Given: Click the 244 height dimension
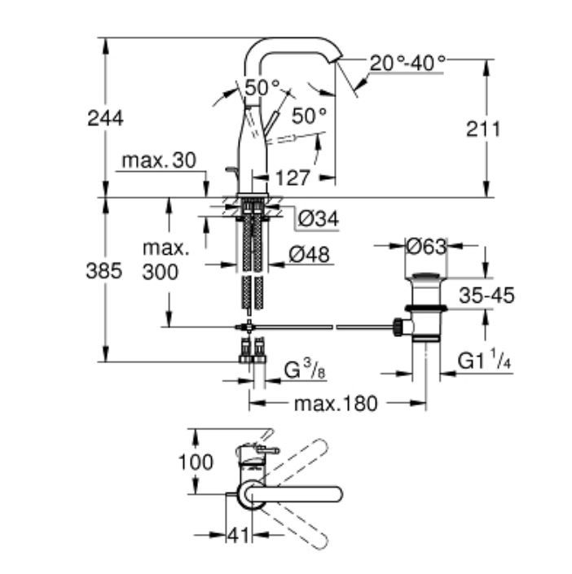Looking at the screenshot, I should pos(106,118).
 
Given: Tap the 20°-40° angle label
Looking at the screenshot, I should pos(407,63).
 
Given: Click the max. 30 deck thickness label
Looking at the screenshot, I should pos(159,161).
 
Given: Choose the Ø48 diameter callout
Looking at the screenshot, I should pos(309,255).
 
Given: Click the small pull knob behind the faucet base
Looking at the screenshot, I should pos(230,169).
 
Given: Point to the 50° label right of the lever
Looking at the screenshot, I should pos(309,116).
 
